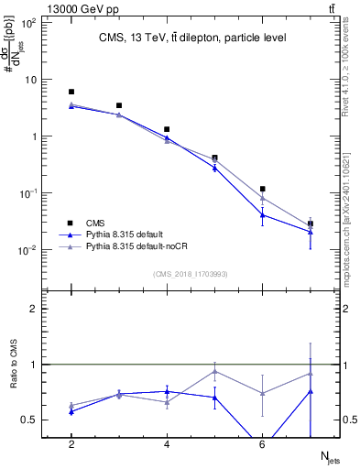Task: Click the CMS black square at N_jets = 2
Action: coord(71,92)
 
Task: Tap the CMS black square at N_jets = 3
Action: coord(119,106)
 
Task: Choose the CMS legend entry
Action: coord(95,223)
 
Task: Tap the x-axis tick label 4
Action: coord(167,444)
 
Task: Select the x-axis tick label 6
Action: coord(263,444)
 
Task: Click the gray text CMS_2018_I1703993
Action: coord(191,273)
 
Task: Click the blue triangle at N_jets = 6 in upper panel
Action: coord(263,215)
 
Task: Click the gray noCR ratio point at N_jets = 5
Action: coord(214,371)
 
